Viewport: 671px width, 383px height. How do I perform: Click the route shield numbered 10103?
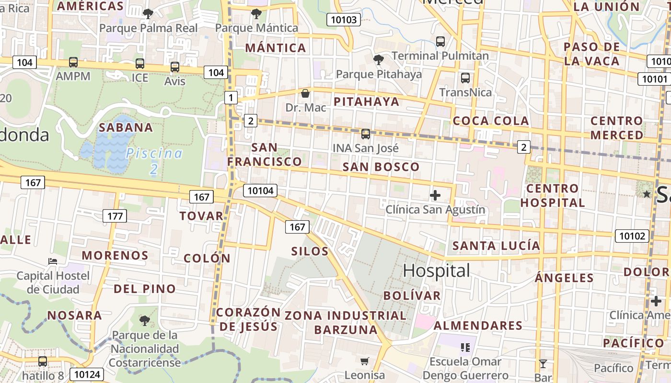tap(344, 20)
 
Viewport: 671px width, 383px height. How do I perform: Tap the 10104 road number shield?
tap(260, 191)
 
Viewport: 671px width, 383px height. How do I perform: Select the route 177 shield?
tap(115, 216)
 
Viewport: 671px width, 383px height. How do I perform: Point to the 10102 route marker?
tap(632, 236)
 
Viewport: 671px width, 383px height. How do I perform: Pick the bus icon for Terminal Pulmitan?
tap(440, 42)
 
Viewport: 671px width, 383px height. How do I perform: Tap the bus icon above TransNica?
tap(465, 78)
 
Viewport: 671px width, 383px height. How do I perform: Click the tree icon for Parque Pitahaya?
tap(379, 60)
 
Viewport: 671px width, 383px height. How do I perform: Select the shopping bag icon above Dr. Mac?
tap(305, 93)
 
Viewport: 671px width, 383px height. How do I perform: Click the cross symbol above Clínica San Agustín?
tap(435, 195)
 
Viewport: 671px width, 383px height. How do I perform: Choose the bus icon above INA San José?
tap(366, 134)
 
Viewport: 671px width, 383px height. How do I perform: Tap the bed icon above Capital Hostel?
tap(53, 261)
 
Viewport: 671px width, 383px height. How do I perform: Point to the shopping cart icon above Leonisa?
tap(365, 361)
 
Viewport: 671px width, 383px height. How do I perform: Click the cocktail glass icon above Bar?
tap(543, 364)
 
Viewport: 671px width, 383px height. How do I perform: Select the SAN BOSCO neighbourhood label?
tap(381, 167)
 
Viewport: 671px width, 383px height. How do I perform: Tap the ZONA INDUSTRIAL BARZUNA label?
tap(346, 323)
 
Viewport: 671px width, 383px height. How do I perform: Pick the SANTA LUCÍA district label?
tap(496, 246)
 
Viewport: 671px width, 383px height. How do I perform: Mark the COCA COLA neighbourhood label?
tap(491, 121)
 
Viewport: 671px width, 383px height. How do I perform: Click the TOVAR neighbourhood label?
tap(201, 216)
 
